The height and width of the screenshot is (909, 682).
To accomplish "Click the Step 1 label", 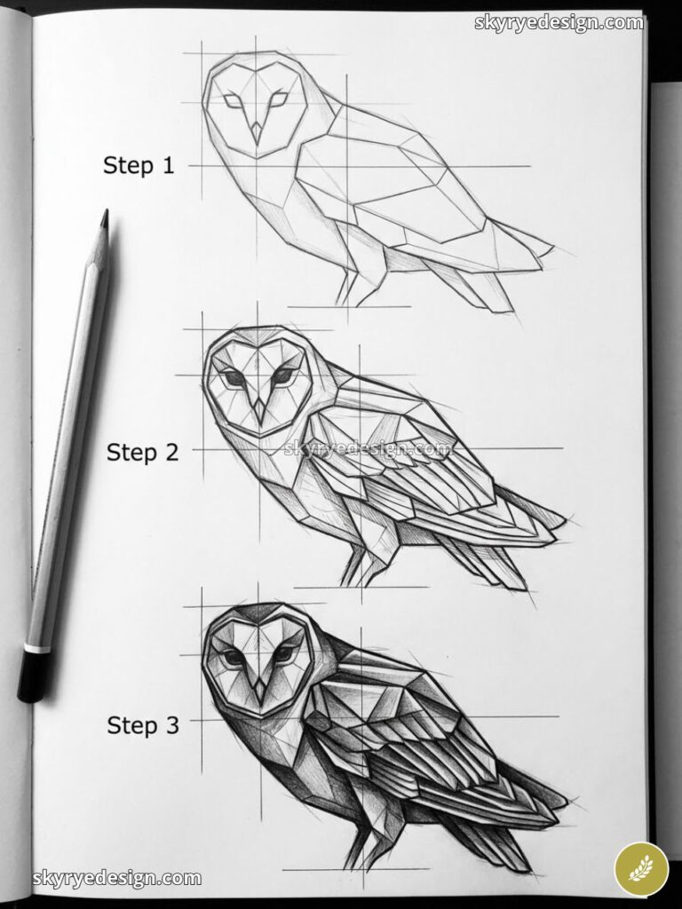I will [139, 165].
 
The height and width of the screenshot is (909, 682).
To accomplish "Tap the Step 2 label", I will [143, 452].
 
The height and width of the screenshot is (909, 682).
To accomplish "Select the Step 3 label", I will [143, 725].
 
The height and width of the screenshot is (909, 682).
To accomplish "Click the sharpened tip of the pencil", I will [105, 215].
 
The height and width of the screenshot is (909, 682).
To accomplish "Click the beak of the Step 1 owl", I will [257, 133].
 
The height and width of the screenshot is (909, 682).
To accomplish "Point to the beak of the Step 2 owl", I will [259, 409].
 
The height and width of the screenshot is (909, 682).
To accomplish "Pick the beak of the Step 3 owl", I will [258, 686].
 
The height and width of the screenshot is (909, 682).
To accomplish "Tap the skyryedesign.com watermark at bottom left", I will [117, 880].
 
